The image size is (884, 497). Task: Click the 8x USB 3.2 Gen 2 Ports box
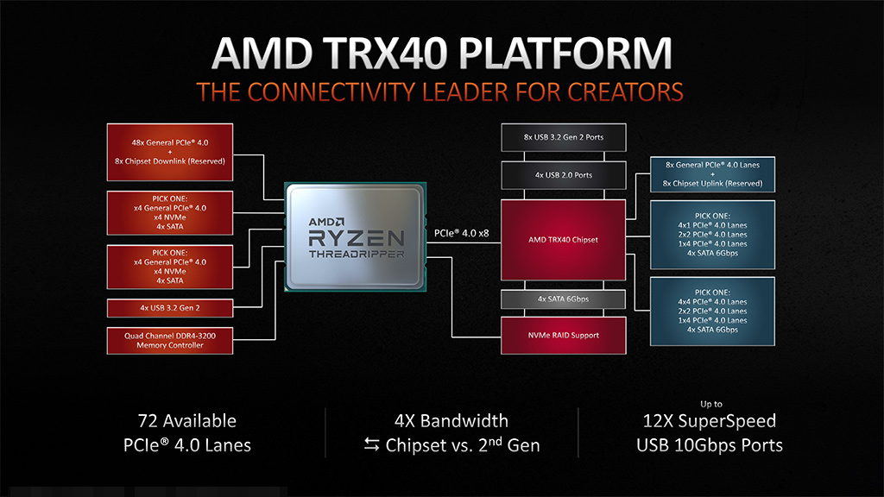pos(563,137)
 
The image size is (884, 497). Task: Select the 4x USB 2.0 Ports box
pos(563,175)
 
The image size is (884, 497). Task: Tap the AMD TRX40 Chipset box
pos(563,240)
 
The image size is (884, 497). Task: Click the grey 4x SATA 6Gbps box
pos(563,299)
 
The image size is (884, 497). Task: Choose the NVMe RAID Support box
pos(563,336)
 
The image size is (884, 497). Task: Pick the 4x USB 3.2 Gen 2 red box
pos(170,308)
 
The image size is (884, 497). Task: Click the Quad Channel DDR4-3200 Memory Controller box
pos(170,340)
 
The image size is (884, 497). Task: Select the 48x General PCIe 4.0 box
pos(170,152)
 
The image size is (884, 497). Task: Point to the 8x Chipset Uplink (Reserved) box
pos(712,174)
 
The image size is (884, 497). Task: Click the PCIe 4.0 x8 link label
pos(461,233)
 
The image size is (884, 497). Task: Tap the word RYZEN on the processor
pos(357,238)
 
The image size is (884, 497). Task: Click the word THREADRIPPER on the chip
pos(357,255)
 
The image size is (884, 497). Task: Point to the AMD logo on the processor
pos(326,222)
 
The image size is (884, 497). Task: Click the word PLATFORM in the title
pos(565,53)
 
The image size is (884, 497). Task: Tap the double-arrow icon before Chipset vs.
pos(371,445)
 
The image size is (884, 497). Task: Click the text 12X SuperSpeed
pos(710,421)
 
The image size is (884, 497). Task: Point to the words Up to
pos(711,404)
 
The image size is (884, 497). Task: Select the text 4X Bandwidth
pos(451,421)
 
